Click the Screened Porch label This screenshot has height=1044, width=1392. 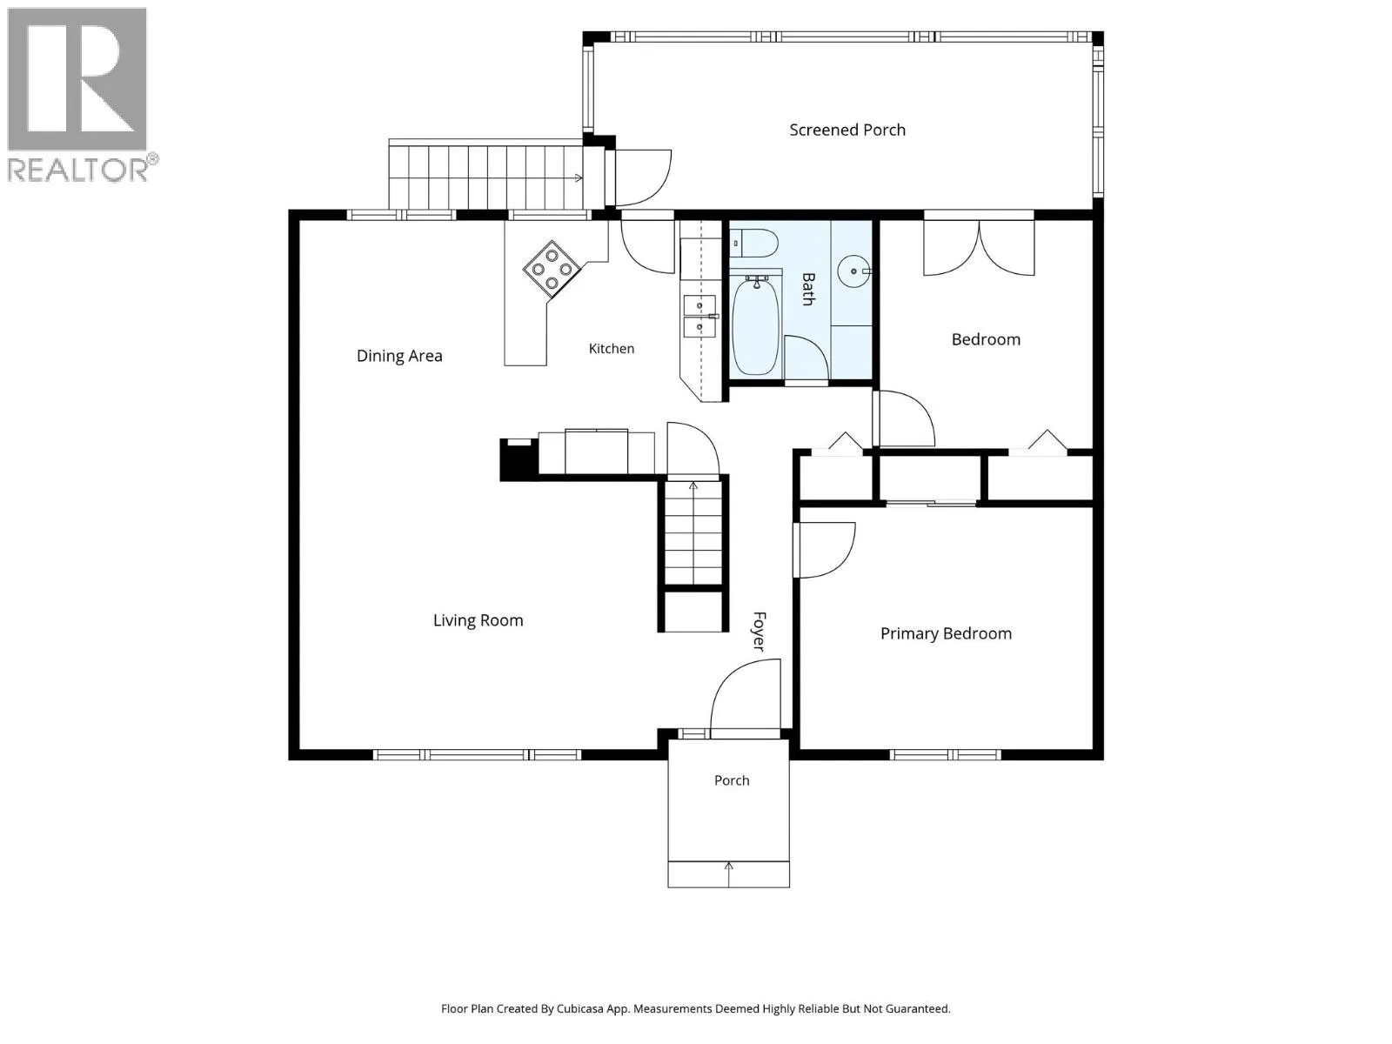pyautogui.click(x=847, y=130)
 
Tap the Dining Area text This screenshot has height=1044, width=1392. pyautogui.click(x=399, y=356)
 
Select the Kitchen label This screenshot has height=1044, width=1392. pyautogui.click(x=612, y=349)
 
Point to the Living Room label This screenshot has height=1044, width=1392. pyautogui.click(x=478, y=620)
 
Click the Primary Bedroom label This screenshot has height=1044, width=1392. pyautogui.click(x=947, y=634)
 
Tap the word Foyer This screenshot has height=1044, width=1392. pyautogui.click(x=760, y=632)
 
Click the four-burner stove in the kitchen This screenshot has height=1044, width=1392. pyautogui.click(x=552, y=269)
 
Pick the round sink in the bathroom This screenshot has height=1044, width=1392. pyautogui.click(x=854, y=271)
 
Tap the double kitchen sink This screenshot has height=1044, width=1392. pyautogui.click(x=699, y=317)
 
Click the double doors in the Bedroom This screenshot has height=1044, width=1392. pyautogui.click(x=979, y=248)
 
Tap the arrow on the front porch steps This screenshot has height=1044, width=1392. pyautogui.click(x=729, y=874)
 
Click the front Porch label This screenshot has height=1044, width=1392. pyautogui.click(x=732, y=781)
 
